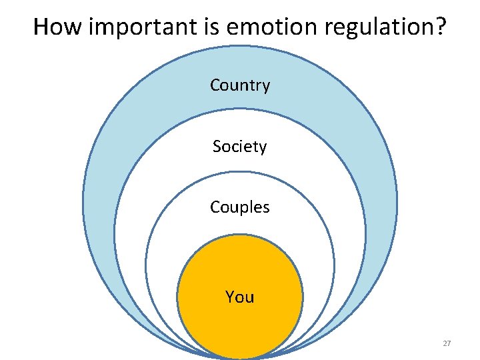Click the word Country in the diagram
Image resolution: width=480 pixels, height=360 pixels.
[x=240, y=85]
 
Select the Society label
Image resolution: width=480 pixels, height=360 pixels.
[x=240, y=146]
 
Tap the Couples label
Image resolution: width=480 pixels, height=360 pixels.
[x=240, y=207]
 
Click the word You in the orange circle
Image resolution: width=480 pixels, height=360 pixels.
[x=240, y=297]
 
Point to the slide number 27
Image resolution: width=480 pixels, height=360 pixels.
[x=447, y=343]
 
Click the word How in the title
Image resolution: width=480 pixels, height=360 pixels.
[x=58, y=27]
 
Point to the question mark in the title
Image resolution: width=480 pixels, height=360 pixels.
[x=440, y=27]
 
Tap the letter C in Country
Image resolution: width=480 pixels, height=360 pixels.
[x=215, y=85]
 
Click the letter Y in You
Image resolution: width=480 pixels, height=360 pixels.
[x=230, y=297]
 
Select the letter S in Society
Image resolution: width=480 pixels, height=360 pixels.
[x=217, y=146]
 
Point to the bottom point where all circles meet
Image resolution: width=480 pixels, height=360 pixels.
[x=240, y=356]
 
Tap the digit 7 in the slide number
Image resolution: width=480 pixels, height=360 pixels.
[x=449, y=343]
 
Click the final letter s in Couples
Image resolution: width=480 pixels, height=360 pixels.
[x=266, y=207]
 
